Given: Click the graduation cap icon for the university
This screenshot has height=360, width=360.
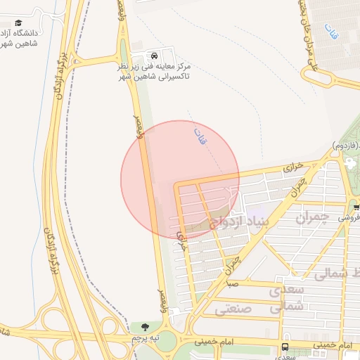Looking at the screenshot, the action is click(18, 23).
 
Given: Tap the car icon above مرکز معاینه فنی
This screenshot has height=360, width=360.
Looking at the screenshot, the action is click(153, 56).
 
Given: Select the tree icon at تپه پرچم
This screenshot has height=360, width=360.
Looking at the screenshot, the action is click(146, 327).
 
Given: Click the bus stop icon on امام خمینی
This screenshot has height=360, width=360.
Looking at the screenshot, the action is click(285, 347).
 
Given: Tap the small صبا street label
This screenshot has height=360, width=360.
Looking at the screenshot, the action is click(233, 285).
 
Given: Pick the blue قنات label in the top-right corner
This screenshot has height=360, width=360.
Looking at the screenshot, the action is click(330, 30).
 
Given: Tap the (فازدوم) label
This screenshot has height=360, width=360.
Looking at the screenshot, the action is click(345, 145).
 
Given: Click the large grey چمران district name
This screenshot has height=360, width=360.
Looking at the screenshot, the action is click(313, 219).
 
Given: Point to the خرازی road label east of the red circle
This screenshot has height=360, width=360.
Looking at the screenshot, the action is click(292, 169).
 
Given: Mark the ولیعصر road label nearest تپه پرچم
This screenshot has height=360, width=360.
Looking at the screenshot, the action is click(162, 301).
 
